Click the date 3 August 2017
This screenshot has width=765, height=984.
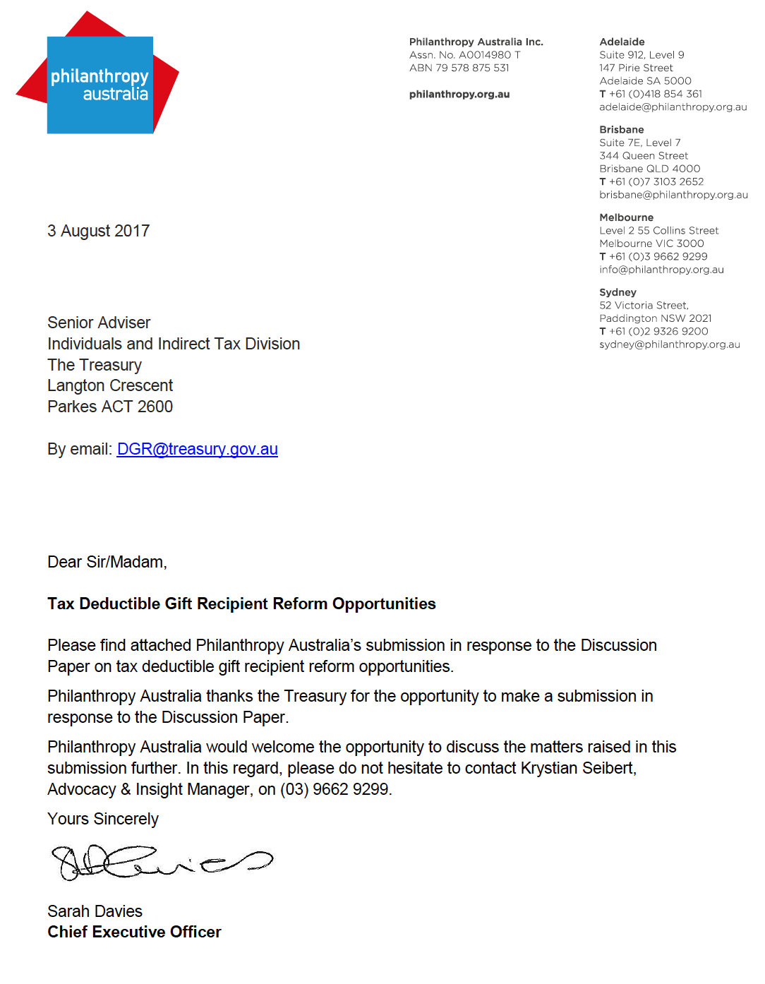point(98,231)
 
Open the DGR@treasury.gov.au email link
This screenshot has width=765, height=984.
point(197,449)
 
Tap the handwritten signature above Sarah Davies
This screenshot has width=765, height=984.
point(161,862)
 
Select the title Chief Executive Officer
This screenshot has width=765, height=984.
point(134,932)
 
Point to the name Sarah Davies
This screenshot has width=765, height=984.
point(95,911)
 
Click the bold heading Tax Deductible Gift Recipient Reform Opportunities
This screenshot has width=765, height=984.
point(241,604)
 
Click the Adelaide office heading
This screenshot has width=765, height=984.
point(622,42)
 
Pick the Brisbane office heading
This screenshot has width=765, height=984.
point(621,129)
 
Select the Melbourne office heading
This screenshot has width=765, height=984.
point(626,217)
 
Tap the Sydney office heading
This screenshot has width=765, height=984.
point(618,292)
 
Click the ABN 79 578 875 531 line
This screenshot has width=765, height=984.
point(459,68)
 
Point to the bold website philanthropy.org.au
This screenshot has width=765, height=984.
point(459,94)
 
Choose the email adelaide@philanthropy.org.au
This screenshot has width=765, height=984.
point(673,107)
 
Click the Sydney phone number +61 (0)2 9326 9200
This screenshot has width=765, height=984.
point(658,331)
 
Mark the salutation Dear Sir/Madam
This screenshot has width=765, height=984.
point(107,562)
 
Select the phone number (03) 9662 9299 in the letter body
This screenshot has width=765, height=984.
point(334,789)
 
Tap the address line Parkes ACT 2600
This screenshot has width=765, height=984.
point(109,407)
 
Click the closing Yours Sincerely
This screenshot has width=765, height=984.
point(102,819)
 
